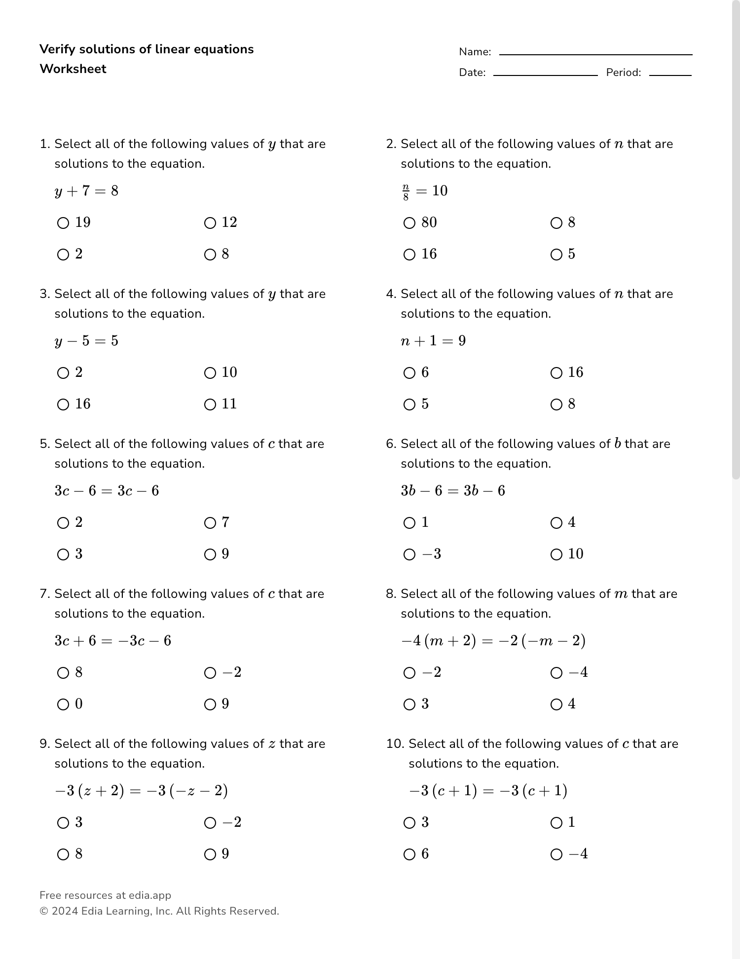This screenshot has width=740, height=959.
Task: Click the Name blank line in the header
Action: pyautogui.click(x=595, y=54)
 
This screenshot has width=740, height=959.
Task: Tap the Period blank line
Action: pyautogui.click(x=670, y=75)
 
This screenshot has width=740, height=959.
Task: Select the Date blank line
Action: pyautogui.click(x=545, y=75)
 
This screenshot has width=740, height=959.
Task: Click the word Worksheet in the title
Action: pyautogui.click(x=73, y=69)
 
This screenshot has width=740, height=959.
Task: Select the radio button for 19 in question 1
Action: pyautogui.click(x=63, y=223)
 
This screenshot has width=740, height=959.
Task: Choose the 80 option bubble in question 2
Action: pyautogui.click(x=409, y=223)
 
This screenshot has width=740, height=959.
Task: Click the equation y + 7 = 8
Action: pyautogui.click(x=87, y=191)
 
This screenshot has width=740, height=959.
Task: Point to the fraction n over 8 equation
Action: pyautogui.click(x=425, y=191)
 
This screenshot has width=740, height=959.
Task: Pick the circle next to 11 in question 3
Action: pyautogui.click(x=210, y=405)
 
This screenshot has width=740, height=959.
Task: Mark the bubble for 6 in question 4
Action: pyautogui.click(x=409, y=373)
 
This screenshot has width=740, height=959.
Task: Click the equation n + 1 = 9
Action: pyautogui.click(x=433, y=341)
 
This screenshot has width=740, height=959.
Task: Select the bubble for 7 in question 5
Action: pyautogui.click(x=210, y=523)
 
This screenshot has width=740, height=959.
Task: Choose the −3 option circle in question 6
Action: pyautogui.click(x=409, y=554)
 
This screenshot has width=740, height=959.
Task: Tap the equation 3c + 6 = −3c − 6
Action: pyautogui.click(x=113, y=641)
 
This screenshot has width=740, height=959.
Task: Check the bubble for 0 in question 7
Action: pyautogui.click(x=63, y=704)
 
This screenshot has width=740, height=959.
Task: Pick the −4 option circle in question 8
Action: pyautogui.click(x=556, y=673)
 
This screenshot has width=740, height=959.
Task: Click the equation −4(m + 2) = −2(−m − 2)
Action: pyautogui.click(x=493, y=641)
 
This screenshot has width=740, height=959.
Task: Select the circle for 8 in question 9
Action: pyautogui.click(x=63, y=854)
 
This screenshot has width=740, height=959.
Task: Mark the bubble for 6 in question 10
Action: pyautogui.click(x=409, y=854)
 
